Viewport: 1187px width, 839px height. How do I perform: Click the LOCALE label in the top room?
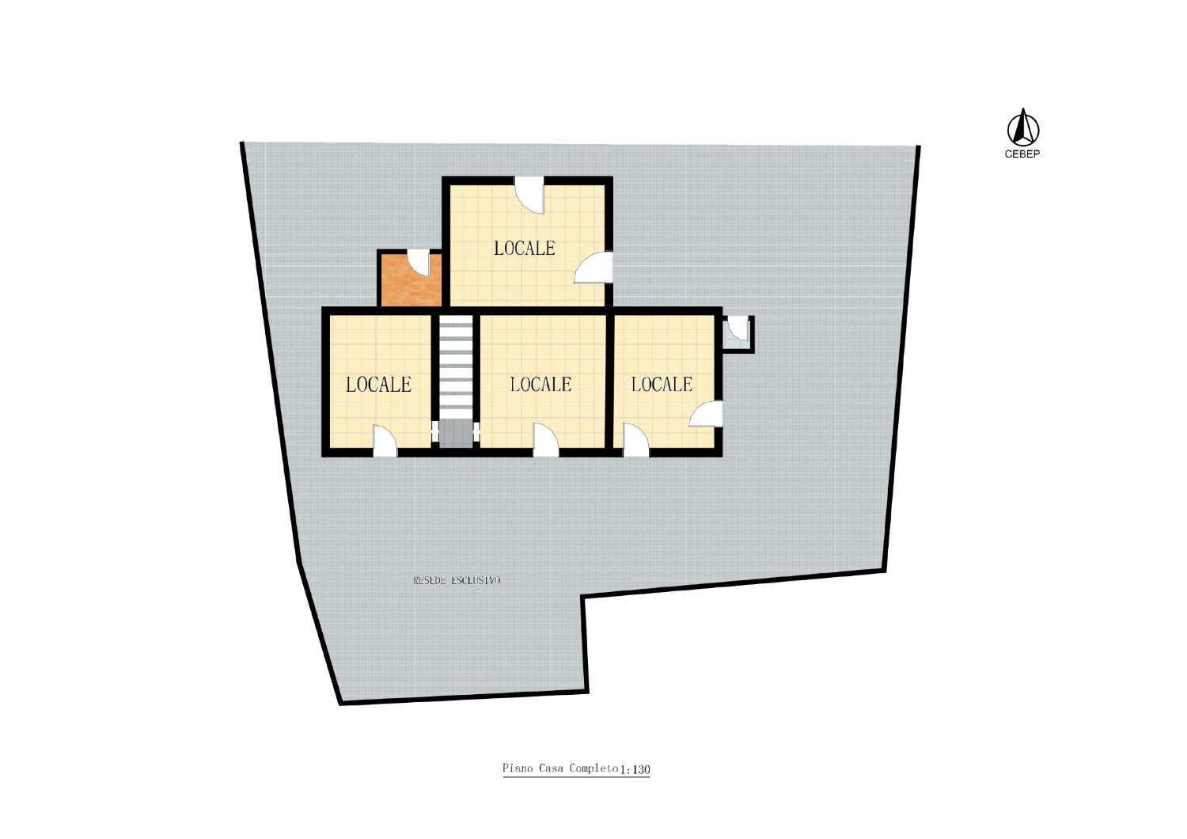pos(524,248)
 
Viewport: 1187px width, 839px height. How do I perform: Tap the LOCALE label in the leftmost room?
pos(378,385)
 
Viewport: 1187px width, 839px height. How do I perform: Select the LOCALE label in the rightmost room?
pos(662,384)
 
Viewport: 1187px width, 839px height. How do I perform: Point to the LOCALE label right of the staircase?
pos(540,384)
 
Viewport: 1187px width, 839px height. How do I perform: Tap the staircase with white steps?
pos(456,366)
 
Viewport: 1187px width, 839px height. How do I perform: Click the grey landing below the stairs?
pos(456,433)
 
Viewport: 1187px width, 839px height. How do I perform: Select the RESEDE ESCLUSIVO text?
pos(457,580)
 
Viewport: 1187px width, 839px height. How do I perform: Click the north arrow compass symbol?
pos(1022,128)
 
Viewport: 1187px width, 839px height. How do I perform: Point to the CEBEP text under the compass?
pos(1022,154)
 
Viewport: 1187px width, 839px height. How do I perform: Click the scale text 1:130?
pos(635,769)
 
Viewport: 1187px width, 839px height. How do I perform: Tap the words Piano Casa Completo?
pos(560,768)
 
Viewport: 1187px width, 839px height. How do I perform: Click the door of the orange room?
pos(423,262)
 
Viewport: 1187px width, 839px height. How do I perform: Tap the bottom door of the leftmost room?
pos(385,440)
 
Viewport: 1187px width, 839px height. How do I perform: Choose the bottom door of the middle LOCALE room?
pos(546,440)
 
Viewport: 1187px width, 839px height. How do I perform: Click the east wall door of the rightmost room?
pos(706,414)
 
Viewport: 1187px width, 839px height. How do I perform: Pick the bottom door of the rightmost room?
pos(636,440)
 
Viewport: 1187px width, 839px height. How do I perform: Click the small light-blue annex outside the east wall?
pos(738,334)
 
